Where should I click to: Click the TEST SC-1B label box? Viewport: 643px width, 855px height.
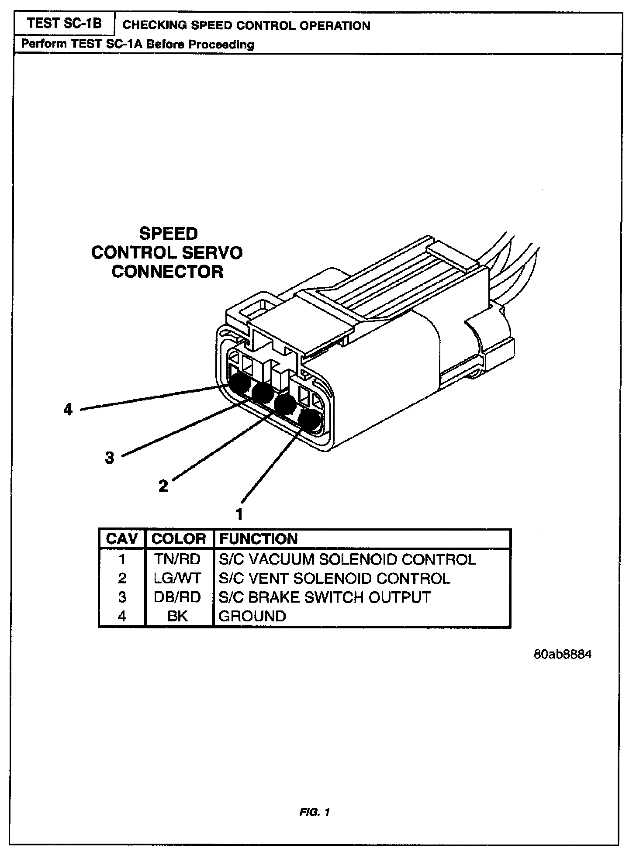pos(64,24)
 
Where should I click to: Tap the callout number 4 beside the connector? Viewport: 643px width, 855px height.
pos(68,410)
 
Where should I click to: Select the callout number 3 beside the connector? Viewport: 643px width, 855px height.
pos(110,458)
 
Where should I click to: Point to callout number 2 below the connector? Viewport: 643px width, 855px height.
pos(163,486)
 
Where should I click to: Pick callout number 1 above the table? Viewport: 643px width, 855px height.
pos(239,514)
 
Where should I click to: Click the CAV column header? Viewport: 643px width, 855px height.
pos(122,538)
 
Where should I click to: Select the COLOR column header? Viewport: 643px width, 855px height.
pos(179,538)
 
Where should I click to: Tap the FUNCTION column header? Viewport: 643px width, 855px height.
pos(258,538)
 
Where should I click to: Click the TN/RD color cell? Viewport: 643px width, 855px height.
pos(177,559)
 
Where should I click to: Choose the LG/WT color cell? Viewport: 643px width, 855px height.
pos(177,578)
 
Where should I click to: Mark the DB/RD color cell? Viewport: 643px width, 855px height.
pos(177,597)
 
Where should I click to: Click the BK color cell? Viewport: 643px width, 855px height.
pos(177,616)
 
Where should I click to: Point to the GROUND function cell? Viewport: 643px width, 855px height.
pos(252,616)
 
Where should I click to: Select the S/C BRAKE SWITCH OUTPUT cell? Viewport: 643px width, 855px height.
pos(325,597)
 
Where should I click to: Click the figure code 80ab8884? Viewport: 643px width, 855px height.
pos(563,655)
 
